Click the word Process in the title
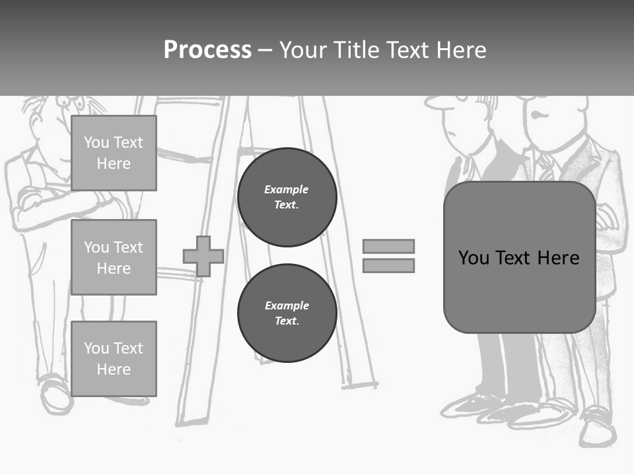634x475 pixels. tap(207, 50)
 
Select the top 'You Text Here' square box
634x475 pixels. tap(114, 153)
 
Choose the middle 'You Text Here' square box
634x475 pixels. tap(114, 257)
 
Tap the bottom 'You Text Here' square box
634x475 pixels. tap(114, 359)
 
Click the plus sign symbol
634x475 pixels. tap(203, 256)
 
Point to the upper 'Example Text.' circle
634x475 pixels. tap(287, 197)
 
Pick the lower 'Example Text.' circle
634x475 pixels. tap(287, 313)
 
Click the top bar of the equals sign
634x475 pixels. tap(389, 246)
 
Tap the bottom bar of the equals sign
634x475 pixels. tap(389, 265)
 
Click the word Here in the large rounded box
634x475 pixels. tap(558, 257)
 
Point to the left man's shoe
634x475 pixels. tap(54, 394)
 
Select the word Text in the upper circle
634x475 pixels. tap(287, 205)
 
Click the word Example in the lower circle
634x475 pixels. tap(287, 305)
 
